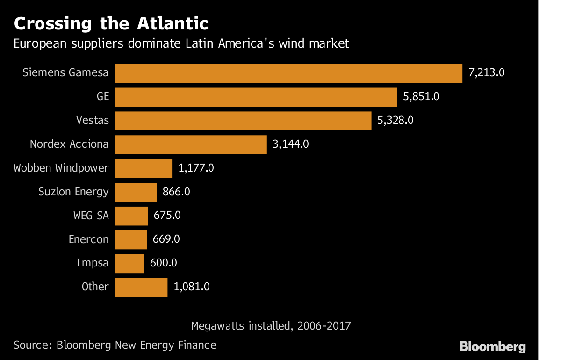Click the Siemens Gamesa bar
[x=288, y=73]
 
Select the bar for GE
[x=256, y=97]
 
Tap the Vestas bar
[x=243, y=121]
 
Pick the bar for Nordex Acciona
[x=191, y=144]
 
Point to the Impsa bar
[x=129, y=263]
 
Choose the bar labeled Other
[x=141, y=287]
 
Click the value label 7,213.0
[x=487, y=73]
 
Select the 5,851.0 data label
[x=422, y=97]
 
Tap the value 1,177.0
[x=196, y=168]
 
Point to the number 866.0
[x=176, y=192]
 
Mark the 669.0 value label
[x=166, y=239]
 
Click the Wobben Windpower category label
[x=61, y=168]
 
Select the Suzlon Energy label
[x=73, y=192]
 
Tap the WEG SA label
[x=91, y=216]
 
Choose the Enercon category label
[x=88, y=239]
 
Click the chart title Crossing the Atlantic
[x=111, y=23]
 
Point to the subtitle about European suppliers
[x=181, y=44]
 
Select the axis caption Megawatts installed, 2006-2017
[x=271, y=325]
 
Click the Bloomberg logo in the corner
[x=493, y=346]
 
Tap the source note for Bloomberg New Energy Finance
[x=115, y=346]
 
